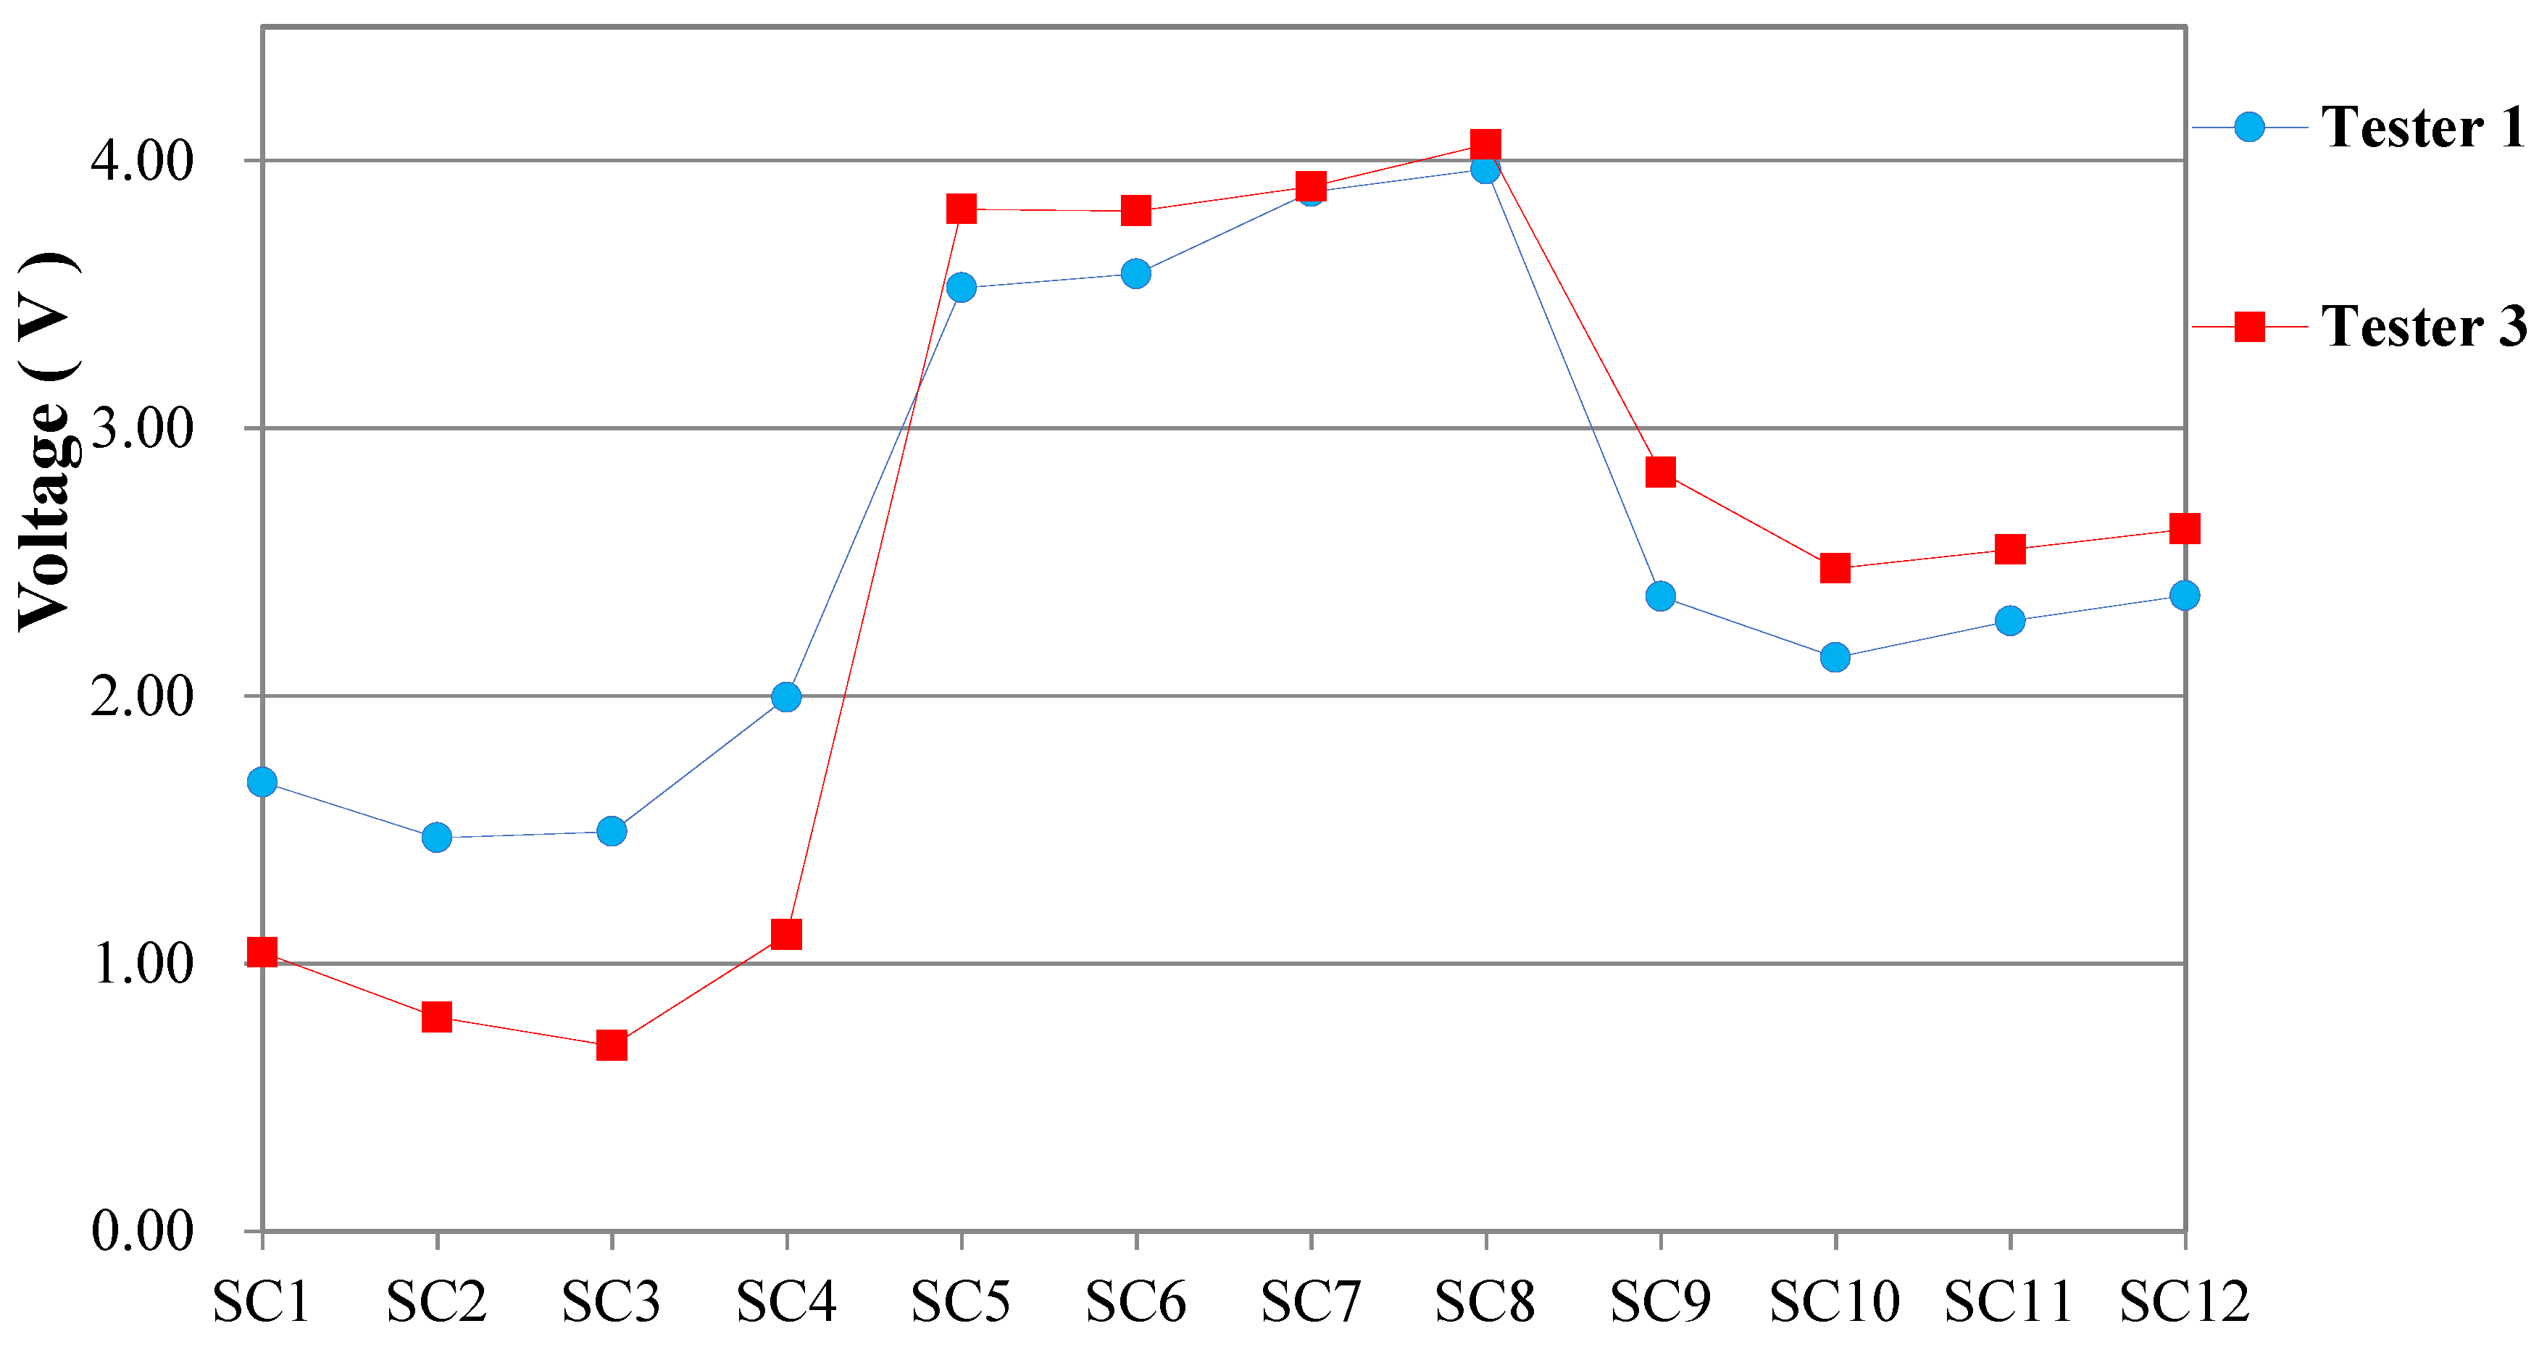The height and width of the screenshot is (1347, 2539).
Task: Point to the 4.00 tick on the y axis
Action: tap(143, 161)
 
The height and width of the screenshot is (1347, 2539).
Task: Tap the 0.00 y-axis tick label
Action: tap(143, 1231)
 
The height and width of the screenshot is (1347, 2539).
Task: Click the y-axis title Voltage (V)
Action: tap(46, 441)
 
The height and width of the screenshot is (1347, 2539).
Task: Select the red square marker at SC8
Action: tap(1485, 145)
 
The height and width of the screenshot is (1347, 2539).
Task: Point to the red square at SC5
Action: tap(961, 209)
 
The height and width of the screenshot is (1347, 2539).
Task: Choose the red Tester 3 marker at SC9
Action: tap(1661, 472)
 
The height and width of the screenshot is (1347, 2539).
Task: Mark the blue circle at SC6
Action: tap(1135, 273)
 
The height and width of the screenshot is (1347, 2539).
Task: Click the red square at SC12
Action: tap(2184, 529)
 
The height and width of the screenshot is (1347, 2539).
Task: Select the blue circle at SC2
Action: tap(437, 838)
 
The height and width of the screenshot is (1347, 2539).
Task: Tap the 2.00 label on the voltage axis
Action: tap(143, 696)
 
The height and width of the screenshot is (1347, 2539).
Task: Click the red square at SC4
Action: tap(786, 933)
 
